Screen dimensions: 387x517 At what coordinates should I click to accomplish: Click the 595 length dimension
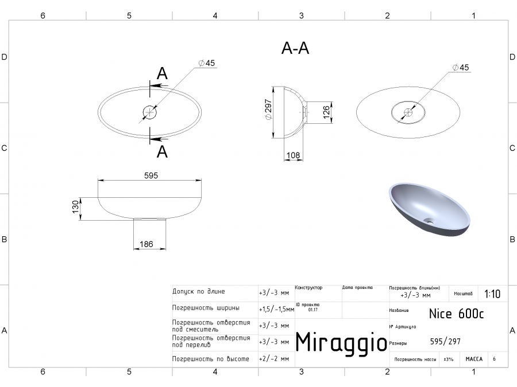click(151, 175)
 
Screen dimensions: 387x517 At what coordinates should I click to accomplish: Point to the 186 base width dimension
click(146, 244)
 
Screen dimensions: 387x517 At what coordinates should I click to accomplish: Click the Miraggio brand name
click(341, 342)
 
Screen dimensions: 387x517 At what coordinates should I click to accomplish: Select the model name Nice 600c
click(457, 314)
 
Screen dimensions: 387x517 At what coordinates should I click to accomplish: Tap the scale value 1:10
click(492, 294)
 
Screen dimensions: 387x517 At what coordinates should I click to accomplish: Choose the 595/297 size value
click(445, 342)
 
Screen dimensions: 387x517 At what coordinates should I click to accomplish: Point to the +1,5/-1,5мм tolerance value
click(276, 309)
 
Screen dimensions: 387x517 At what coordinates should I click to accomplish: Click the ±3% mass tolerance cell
click(448, 359)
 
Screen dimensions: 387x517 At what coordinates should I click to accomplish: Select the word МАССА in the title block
click(474, 359)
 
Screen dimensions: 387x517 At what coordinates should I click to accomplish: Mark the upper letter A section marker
click(163, 73)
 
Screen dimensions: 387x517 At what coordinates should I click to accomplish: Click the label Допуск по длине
click(199, 291)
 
